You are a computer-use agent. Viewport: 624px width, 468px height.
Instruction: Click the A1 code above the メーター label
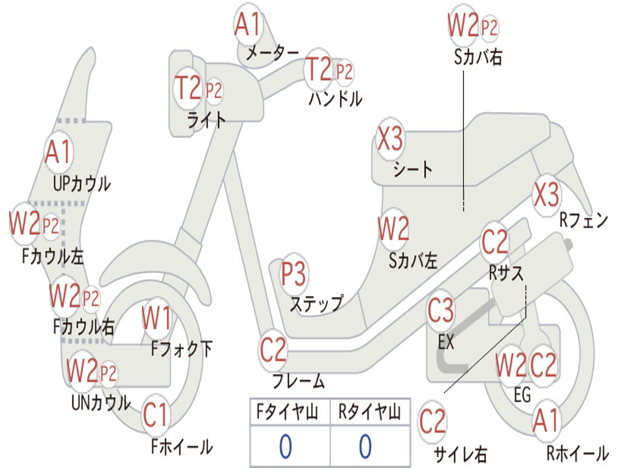click(247, 24)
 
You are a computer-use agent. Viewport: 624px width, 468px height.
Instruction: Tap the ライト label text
click(207, 120)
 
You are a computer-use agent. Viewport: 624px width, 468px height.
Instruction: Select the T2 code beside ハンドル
click(318, 69)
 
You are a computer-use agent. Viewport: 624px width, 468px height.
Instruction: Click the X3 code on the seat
click(390, 139)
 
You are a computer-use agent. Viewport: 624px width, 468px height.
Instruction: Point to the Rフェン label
click(584, 220)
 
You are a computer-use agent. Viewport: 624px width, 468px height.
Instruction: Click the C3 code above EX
click(441, 310)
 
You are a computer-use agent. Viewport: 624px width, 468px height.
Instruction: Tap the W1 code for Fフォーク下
click(157, 318)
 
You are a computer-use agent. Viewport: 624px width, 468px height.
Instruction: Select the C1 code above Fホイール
click(155, 415)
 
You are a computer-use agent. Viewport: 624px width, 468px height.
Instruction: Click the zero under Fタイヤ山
click(286, 446)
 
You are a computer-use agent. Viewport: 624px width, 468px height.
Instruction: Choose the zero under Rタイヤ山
click(366, 446)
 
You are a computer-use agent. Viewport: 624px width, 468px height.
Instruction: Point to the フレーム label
click(299, 381)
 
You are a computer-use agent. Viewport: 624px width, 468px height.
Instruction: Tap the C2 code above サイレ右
click(432, 422)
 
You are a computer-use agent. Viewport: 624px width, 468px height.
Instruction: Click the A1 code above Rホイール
click(546, 420)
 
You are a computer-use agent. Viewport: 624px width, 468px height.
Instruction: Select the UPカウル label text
click(82, 184)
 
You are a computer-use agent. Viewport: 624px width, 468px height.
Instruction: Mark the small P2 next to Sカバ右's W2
click(489, 28)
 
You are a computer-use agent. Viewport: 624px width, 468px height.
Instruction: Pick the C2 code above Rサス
click(495, 241)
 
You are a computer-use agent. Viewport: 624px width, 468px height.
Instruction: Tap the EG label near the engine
click(522, 395)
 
